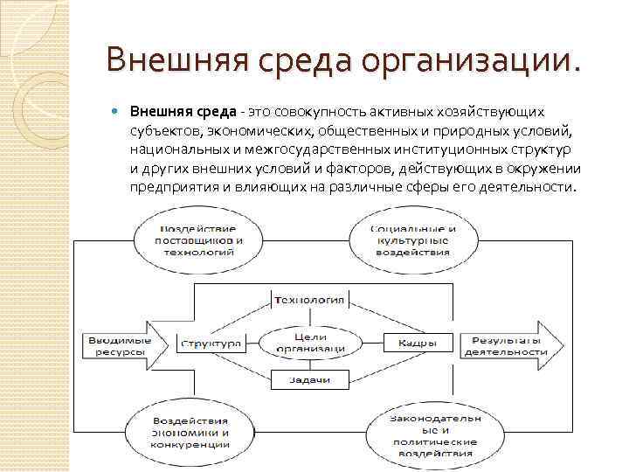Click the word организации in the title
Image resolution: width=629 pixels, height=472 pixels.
(456, 62)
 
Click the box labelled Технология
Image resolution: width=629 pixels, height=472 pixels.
(310, 301)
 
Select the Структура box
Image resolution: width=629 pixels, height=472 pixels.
(211, 343)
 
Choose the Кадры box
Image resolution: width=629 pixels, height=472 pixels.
(411, 343)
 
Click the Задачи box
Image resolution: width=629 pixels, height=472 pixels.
(310, 380)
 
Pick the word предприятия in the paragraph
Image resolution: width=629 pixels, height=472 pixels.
(171, 187)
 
